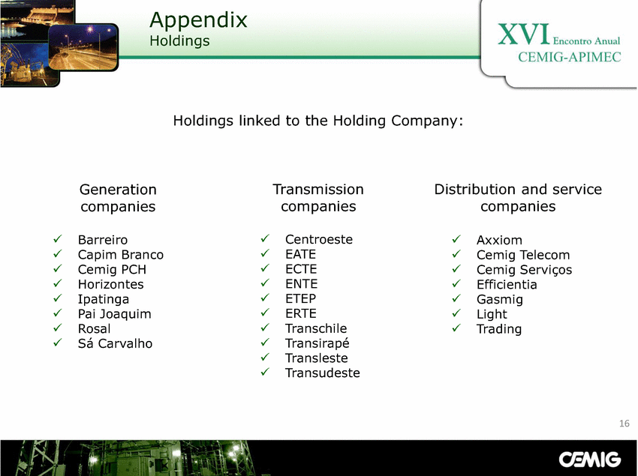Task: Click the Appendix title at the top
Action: [x=198, y=20]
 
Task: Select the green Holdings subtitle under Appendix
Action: [x=179, y=41]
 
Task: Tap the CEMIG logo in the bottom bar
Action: [x=589, y=460]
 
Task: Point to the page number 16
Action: [x=624, y=424]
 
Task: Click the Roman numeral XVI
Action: [x=524, y=34]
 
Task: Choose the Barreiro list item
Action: [x=103, y=240]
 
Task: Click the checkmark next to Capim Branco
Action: [x=58, y=253]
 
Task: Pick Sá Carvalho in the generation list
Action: [x=115, y=343]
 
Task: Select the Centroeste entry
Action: [x=319, y=239]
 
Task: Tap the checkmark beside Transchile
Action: [x=265, y=328]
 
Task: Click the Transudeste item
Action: [x=323, y=373]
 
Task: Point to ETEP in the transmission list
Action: [x=301, y=299]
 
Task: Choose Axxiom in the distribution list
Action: [x=499, y=240]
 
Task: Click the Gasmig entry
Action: [x=500, y=300]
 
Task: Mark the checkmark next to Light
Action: [x=456, y=313]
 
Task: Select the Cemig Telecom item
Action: [x=523, y=255]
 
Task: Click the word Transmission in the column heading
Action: [x=318, y=190]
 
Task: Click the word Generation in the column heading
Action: [x=118, y=190]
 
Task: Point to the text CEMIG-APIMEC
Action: [x=569, y=57]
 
